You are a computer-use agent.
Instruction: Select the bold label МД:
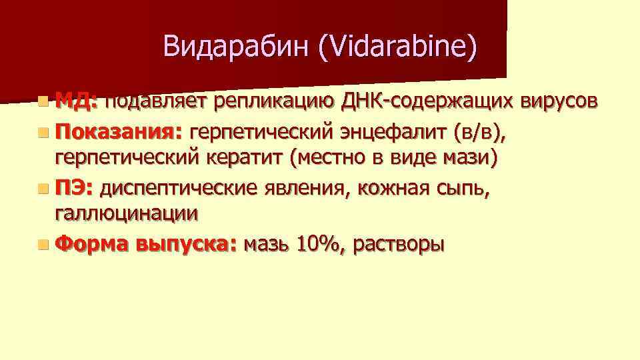click(77, 101)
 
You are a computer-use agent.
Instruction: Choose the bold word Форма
click(92, 245)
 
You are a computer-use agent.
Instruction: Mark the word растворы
click(397, 245)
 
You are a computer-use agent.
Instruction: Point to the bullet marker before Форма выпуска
click(43, 245)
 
